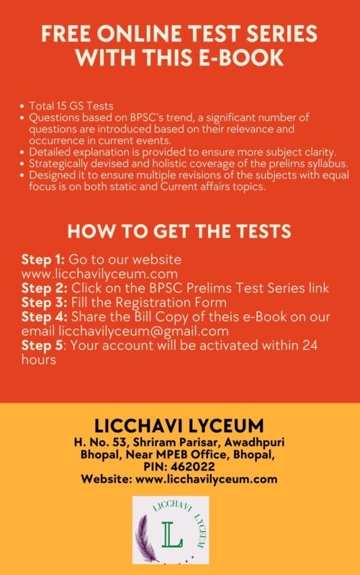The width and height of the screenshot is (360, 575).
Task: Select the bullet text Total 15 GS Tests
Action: click(68, 105)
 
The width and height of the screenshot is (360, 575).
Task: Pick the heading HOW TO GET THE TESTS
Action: click(179, 231)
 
